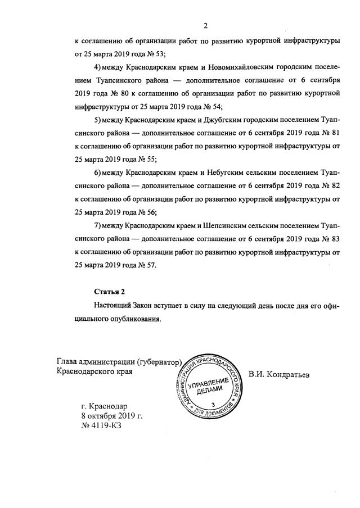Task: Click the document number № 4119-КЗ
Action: tap(101, 426)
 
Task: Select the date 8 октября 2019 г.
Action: tap(111, 416)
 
